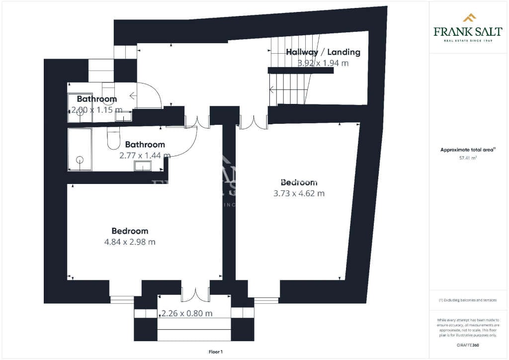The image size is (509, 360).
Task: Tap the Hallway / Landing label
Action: click(x=323, y=52)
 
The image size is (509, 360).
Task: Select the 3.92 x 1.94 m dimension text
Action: click(x=323, y=63)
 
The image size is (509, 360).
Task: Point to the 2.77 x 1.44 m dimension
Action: click(x=145, y=155)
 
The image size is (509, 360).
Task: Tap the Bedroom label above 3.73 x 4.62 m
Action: click(x=299, y=182)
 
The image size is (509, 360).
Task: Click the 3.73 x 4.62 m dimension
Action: click(x=299, y=193)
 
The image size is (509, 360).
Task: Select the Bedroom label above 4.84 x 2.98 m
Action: click(x=130, y=231)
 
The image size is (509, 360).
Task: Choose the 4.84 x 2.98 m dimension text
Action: click(x=130, y=242)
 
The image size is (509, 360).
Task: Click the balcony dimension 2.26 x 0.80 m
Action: click(x=187, y=314)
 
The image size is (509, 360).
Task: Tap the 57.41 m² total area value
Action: click(x=468, y=158)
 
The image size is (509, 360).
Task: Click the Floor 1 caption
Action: click(x=216, y=352)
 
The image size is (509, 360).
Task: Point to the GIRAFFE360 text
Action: click(x=468, y=345)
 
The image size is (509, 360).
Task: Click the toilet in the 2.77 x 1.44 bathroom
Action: click(x=113, y=139)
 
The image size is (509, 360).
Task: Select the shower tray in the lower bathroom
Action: click(x=80, y=149)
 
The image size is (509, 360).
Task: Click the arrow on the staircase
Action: click(x=272, y=90)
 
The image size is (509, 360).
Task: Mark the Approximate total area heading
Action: click(x=468, y=150)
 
